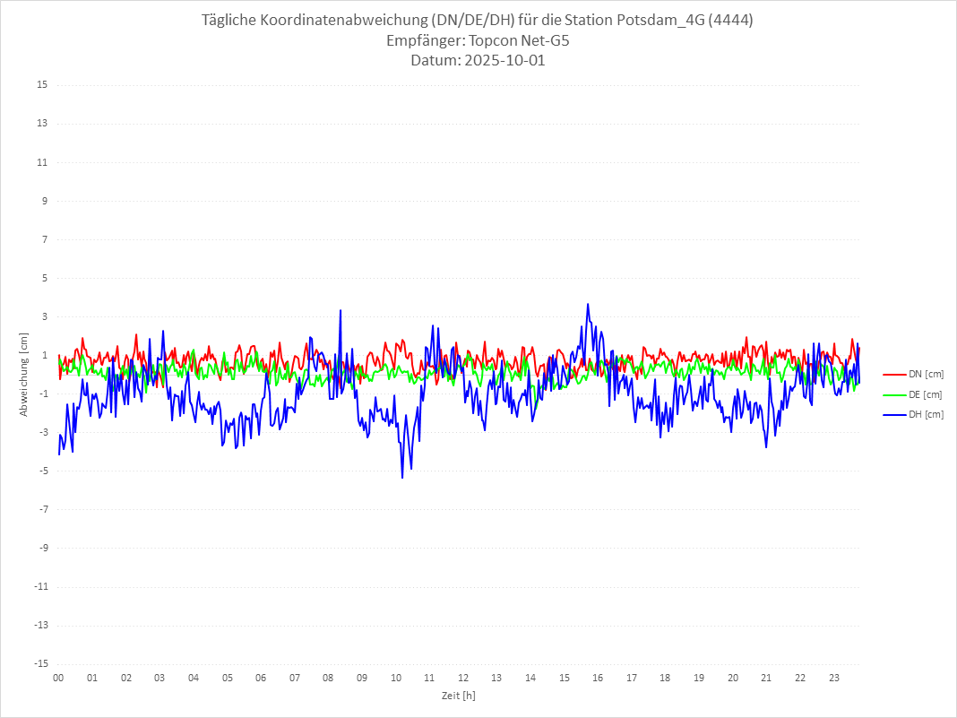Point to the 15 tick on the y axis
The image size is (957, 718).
point(42,85)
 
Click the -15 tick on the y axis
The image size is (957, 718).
point(40,663)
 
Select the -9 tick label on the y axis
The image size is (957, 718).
point(42,548)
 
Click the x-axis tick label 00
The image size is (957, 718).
point(58,678)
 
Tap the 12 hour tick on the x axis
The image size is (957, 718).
point(463,678)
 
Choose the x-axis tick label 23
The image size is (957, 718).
point(834,678)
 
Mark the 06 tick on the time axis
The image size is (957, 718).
point(261,678)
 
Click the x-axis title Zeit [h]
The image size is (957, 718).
point(458,696)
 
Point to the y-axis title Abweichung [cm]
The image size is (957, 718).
point(24,374)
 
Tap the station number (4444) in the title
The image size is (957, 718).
point(729,21)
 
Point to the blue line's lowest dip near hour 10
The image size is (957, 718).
point(402,477)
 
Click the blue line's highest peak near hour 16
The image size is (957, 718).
point(588,304)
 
